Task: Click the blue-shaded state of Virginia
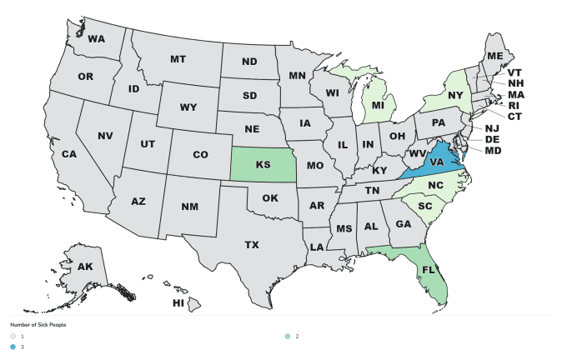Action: click(x=435, y=164)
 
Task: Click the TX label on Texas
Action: click(x=252, y=244)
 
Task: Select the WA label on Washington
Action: click(x=96, y=39)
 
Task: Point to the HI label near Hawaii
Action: click(x=178, y=303)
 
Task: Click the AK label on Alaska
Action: click(x=86, y=267)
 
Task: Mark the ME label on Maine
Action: click(x=495, y=55)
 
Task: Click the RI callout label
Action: click(x=514, y=106)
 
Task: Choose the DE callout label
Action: click(x=492, y=139)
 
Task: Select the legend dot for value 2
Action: click(x=288, y=336)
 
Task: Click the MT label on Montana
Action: click(x=178, y=59)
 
